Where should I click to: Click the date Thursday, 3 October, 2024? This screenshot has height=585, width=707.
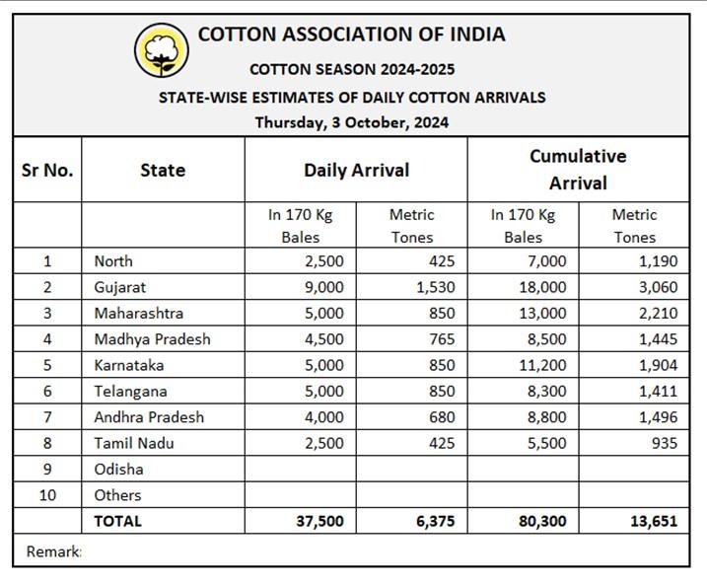tap(352, 122)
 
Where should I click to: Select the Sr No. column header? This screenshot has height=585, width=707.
tap(47, 170)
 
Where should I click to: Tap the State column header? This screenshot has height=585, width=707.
tap(163, 170)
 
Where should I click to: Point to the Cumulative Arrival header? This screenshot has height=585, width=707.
tap(578, 170)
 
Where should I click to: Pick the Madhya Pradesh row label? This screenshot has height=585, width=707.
tap(152, 338)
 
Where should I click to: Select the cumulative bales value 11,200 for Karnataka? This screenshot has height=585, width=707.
tap(543, 365)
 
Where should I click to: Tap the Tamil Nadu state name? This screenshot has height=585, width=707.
tap(134, 443)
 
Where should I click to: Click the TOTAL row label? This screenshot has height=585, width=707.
tap(118, 521)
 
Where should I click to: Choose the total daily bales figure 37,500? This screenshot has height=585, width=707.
tap(318, 521)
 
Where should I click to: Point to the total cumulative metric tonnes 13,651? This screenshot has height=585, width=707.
tap(652, 521)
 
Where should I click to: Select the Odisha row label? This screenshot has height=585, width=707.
tap(118, 469)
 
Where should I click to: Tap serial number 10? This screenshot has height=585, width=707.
tap(47, 495)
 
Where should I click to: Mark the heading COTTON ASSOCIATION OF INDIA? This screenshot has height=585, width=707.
tap(351, 34)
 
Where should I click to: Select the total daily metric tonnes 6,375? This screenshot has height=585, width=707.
tap(435, 521)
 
